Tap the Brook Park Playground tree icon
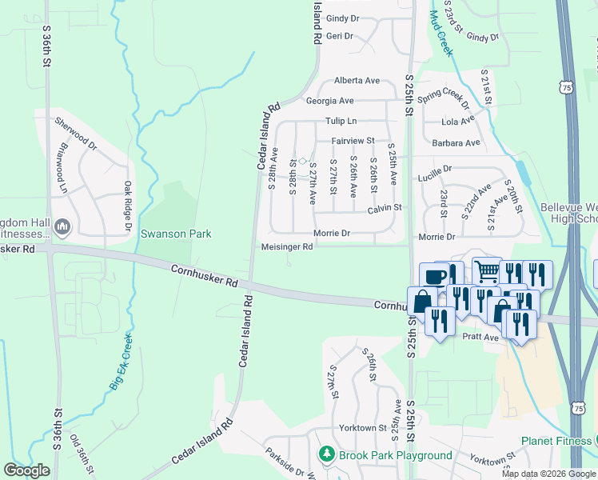pyautogui.click(x=326, y=455)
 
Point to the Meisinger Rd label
pyautogui.click(x=287, y=247)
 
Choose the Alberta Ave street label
pyautogui.click(x=357, y=81)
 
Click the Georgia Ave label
pyautogui.click(x=329, y=101)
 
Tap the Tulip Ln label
pyautogui.click(x=341, y=121)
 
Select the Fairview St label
pyautogui.click(x=353, y=141)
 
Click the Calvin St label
pyautogui.click(x=384, y=208)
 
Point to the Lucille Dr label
pyautogui.click(x=436, y=170)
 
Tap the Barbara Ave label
pyautogui.click(x=456, y=143)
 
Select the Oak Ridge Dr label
pyautogui.click(x=127, y=207)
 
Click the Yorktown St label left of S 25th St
pyautogui.click(x=361, y=427)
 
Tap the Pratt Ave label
pyautogui.click(x=480, y=338)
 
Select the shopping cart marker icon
pyautogui.click(x=486, y=270)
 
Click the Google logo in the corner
pyautogui.click(x=27, y=470)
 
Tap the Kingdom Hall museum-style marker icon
pyautogui.click(x=63, y=229)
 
